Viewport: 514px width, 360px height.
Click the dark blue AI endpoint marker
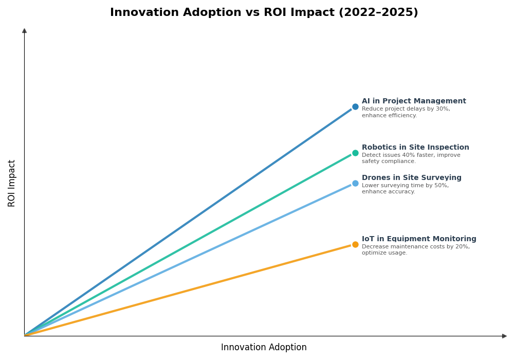tap(355, 107)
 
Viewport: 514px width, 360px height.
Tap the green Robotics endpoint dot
tap(355, 153)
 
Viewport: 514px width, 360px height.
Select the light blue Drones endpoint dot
tap(355, 183)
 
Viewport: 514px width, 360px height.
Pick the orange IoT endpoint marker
tap(355, 244)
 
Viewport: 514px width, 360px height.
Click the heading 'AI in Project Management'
tap(414, 101)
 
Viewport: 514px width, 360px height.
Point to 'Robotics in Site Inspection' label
tap(415, 148)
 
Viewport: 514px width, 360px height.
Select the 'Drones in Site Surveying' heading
tap(411, 178)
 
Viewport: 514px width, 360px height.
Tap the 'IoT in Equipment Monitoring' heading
tap(419, 239)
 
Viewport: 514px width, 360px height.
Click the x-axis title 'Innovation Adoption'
tap(264, 348)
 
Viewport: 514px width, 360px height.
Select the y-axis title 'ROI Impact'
tap(12, 183)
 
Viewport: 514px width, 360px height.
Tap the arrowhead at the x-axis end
tap(504, 336)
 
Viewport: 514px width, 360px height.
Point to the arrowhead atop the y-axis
tap(24, 31)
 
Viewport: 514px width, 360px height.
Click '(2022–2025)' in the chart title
tap(378, 13)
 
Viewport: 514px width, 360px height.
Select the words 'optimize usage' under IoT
tap(384, 253)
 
